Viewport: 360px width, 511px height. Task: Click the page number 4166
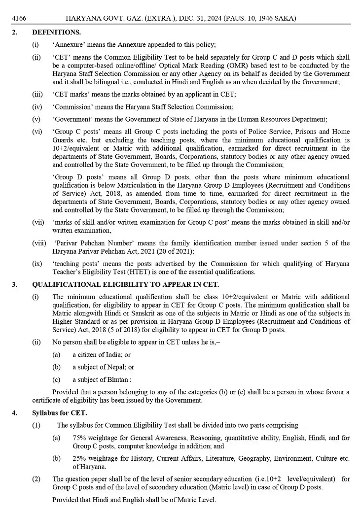pos(19,19)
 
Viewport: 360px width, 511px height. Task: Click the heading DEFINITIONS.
pos(56,32)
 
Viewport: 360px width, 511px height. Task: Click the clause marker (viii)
pos(39,243)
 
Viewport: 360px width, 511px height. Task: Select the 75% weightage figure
pos(79,437)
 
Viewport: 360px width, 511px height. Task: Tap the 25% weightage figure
pos(79,458)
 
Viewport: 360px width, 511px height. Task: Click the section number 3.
pos(14,285)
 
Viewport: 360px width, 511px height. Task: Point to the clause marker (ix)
pos(37,264)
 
